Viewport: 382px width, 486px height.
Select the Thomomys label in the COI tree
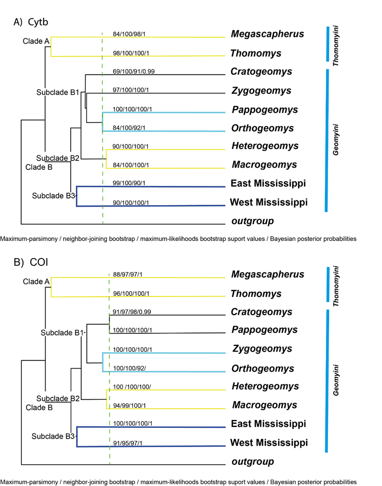(256, 294)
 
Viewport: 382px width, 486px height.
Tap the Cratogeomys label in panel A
(262, 72)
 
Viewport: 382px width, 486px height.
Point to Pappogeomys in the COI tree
(264, 330)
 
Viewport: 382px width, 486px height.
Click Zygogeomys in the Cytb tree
(262, 91)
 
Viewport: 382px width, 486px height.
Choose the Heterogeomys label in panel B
(265, 386)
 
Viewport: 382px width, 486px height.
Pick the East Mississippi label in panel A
(268, 183)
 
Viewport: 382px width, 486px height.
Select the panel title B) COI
(31, 263)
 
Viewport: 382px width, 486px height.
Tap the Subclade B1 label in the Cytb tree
(57, 92)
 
